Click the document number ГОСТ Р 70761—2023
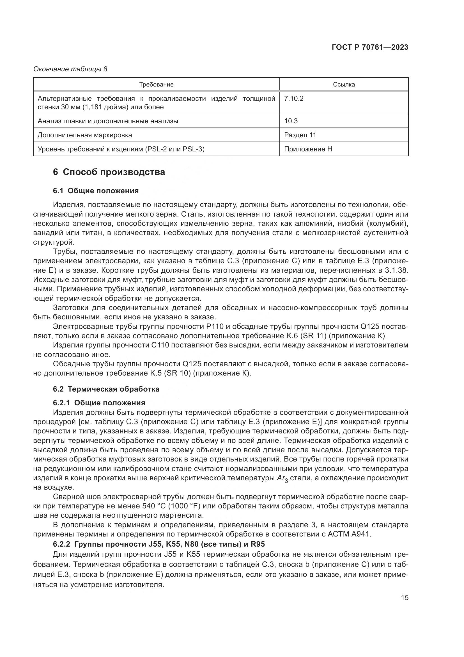(370, 47)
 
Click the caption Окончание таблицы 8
(70, 69)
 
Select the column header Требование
(156, 85)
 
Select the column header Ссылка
(344, 85)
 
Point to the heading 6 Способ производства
(109, 172)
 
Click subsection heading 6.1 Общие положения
(96, 191)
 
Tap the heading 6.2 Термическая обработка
(106, 389)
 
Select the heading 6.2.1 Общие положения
(99, 403)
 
